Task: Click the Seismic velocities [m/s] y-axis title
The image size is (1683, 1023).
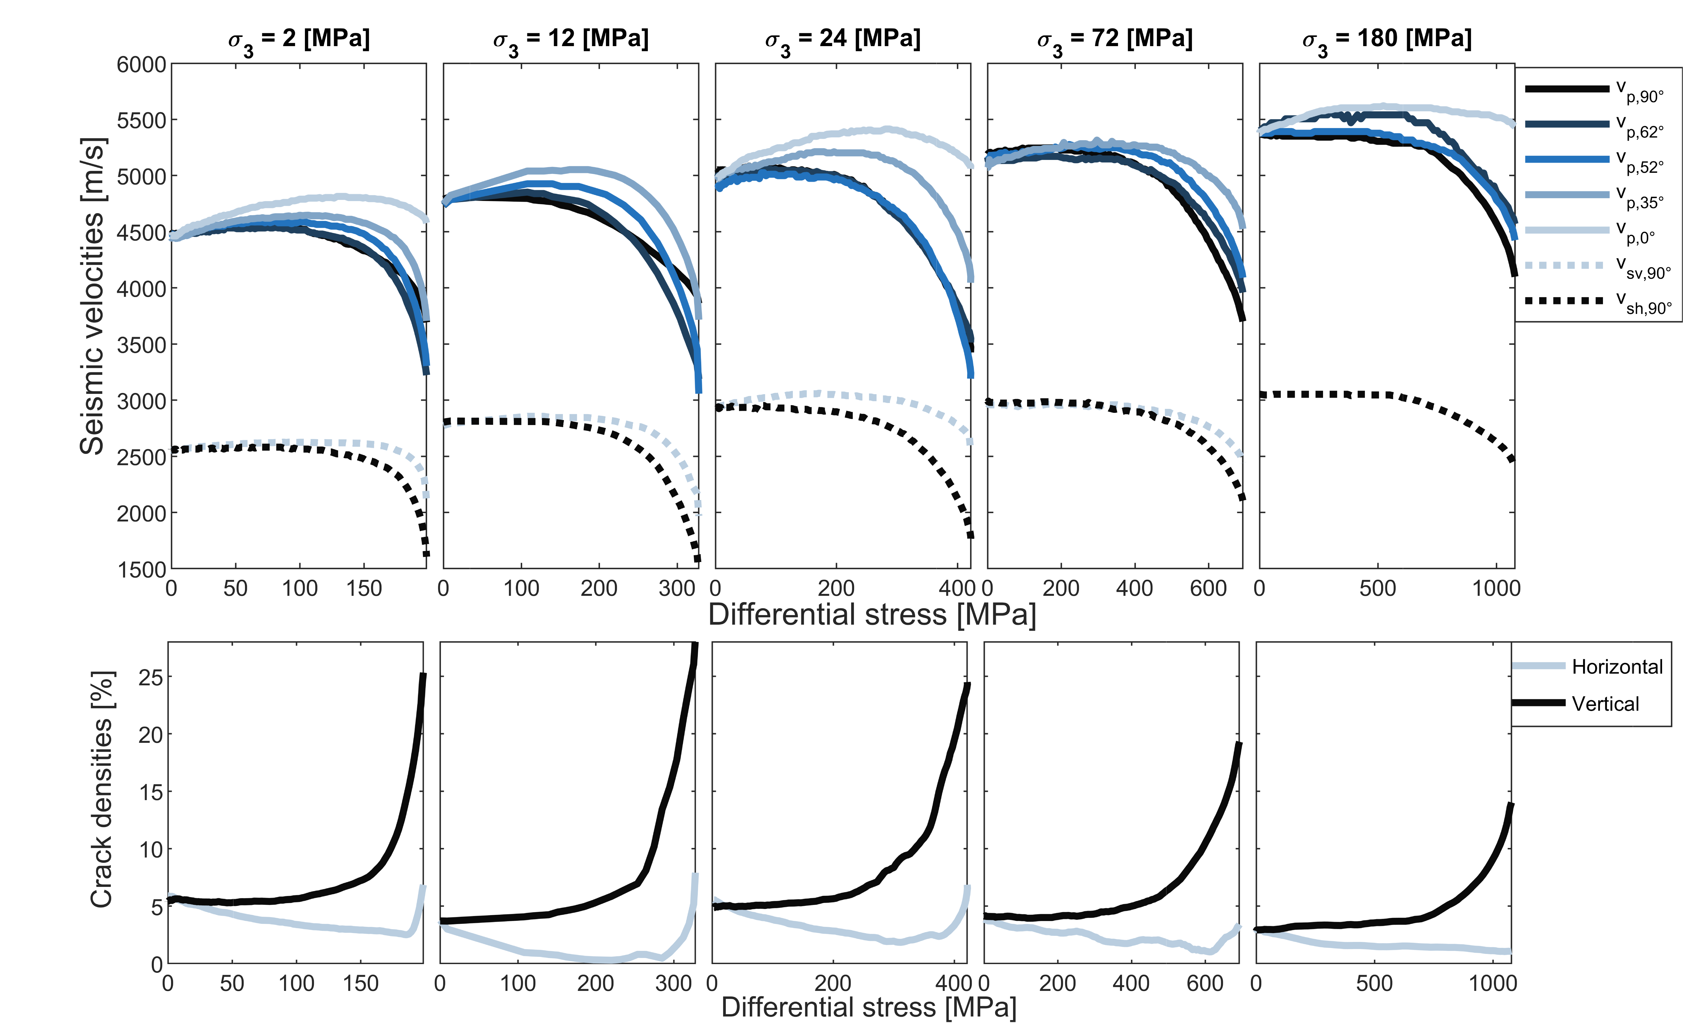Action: [92, 296]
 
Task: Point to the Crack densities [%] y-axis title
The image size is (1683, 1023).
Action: [101, 789]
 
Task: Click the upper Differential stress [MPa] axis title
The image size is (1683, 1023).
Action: [872, 614]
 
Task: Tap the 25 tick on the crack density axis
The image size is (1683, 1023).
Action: [151, 677]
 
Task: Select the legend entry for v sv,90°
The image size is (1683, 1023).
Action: [1598, 266]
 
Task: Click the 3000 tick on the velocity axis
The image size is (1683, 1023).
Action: [141, 401]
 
